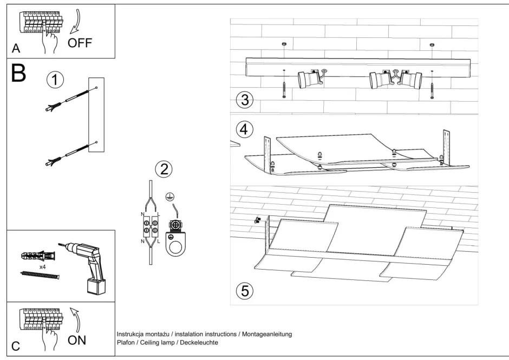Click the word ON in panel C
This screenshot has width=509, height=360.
pos(77,341)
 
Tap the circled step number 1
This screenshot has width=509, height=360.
pos(55,80)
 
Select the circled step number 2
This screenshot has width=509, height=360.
pos(164,169)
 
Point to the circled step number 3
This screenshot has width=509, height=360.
pos(245,100)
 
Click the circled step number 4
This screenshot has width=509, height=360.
pos(245,129)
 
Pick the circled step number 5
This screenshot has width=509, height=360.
pos(245,291)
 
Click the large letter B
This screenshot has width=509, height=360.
pos(18,74)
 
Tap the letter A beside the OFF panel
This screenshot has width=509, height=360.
pos(16,49)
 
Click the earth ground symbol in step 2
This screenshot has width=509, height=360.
pos(169,198)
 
